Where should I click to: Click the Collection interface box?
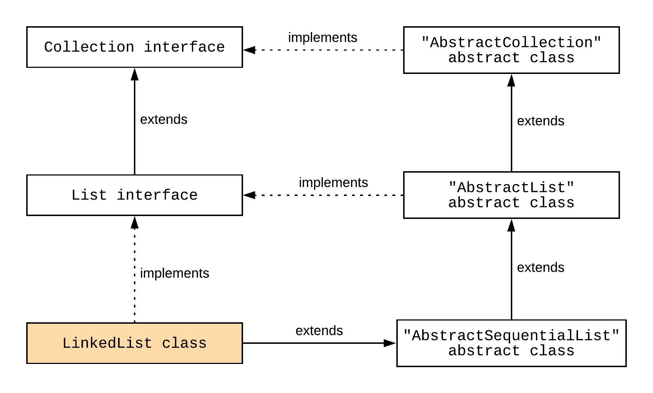tap(134, 47)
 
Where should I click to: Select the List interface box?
tap(134, 195)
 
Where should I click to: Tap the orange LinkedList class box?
tap(134, 343)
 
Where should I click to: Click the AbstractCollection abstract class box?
tap(511, 50)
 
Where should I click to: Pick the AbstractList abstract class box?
tap(511, 195)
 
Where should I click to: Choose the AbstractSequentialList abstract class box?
tap(511, 343)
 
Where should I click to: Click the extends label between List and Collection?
tap(164, 120)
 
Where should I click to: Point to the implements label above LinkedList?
tap(174, 273)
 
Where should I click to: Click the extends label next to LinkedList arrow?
tap(319, 331)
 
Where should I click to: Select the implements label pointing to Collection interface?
tap(322, 37)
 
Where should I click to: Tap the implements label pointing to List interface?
tap(333, 183)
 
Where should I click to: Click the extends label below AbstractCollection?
tap(540, 121)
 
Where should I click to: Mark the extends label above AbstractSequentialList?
tap(540, 268)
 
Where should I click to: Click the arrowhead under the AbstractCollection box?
tap(511, 80)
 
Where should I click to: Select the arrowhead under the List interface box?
tap(135, 223)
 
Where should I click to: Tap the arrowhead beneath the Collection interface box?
tap(135, 74)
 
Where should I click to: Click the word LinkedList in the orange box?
tap(107, 343)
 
